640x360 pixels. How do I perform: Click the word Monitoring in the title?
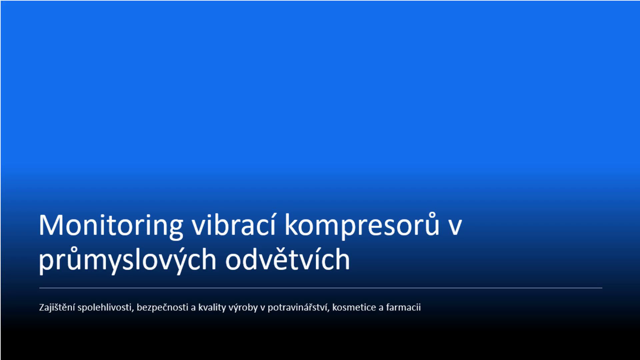click(x=111, y=226)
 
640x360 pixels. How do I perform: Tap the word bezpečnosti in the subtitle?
click(x=163, y=307)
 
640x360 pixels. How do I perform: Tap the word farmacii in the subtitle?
click(x=403, y=307)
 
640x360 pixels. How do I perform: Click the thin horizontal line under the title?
click(x=321, y=288)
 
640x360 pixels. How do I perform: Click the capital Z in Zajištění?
click(x=42, y=307)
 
